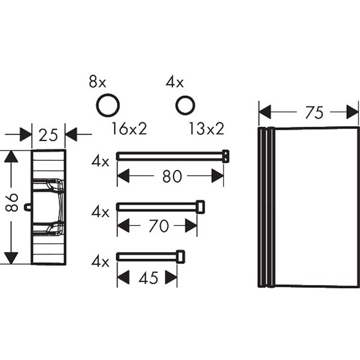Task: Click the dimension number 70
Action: coord(158,227)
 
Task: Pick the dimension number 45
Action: coord(147,278)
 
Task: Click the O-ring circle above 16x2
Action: coord(107,106)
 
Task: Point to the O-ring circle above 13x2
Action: coord(185,106)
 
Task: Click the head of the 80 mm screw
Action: coord(226,155)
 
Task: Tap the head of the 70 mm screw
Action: coord(200,207)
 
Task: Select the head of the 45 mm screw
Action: coord(180,256)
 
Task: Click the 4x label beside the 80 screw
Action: coord(100,161)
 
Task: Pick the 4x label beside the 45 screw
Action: coord(100,262)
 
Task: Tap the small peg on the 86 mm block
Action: coord(28,206)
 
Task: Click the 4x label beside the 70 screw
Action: coord(100,212)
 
